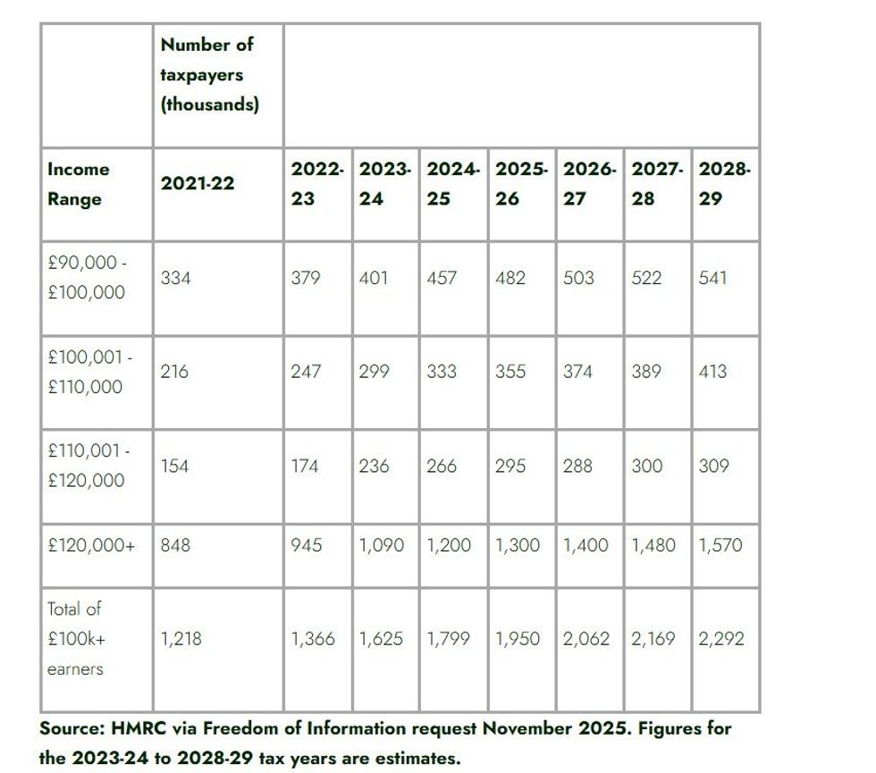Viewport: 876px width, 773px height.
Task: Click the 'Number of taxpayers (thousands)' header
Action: coord(209,74)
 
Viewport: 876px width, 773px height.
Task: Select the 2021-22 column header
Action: coord(198,183)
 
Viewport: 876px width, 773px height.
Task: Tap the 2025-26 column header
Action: coord(521,183)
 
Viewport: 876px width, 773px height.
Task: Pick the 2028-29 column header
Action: coord(725,183)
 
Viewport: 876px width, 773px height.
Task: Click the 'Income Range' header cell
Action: coord(79,184)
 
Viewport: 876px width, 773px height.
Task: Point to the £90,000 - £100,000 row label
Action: coord(87,278)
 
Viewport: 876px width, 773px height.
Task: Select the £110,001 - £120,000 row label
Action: coord(88,466)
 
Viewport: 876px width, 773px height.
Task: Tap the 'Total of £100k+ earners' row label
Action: coord(75,638)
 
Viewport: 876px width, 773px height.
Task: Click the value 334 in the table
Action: coord(175,278)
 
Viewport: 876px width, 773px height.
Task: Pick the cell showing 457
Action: coord(442,278)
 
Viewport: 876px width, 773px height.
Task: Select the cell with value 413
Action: coord(713,372)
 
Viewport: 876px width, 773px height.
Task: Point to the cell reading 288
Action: coord(577,466)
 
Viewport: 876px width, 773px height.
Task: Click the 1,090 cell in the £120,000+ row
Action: coord(382,545)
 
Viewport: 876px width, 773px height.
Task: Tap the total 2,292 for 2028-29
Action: coord(721,639)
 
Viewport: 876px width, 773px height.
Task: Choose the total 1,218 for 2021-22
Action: coord(181,639)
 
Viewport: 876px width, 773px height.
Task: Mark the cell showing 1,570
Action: coord(721,545)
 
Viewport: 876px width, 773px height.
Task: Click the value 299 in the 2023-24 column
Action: coord(374,372)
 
